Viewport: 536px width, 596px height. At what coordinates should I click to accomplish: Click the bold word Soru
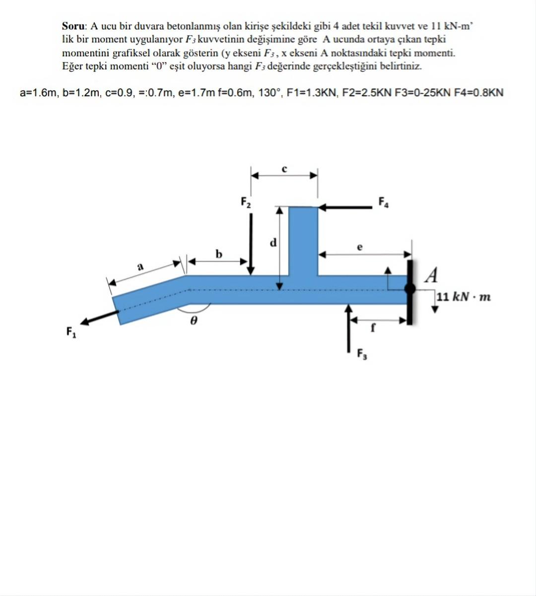74,26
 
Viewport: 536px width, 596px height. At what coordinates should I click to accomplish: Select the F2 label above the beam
246,202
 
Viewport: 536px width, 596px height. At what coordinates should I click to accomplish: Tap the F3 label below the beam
362,354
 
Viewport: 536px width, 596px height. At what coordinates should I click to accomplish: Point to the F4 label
384,202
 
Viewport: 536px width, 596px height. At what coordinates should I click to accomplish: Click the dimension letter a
140,266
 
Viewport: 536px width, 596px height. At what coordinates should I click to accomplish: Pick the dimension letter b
219,254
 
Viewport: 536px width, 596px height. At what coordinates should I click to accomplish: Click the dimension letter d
272,243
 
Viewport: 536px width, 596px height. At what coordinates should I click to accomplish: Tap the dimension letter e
360,246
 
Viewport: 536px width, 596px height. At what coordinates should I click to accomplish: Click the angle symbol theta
194,321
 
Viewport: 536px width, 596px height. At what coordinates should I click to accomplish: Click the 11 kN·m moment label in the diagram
464,297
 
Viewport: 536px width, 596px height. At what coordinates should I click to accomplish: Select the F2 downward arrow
251,244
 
